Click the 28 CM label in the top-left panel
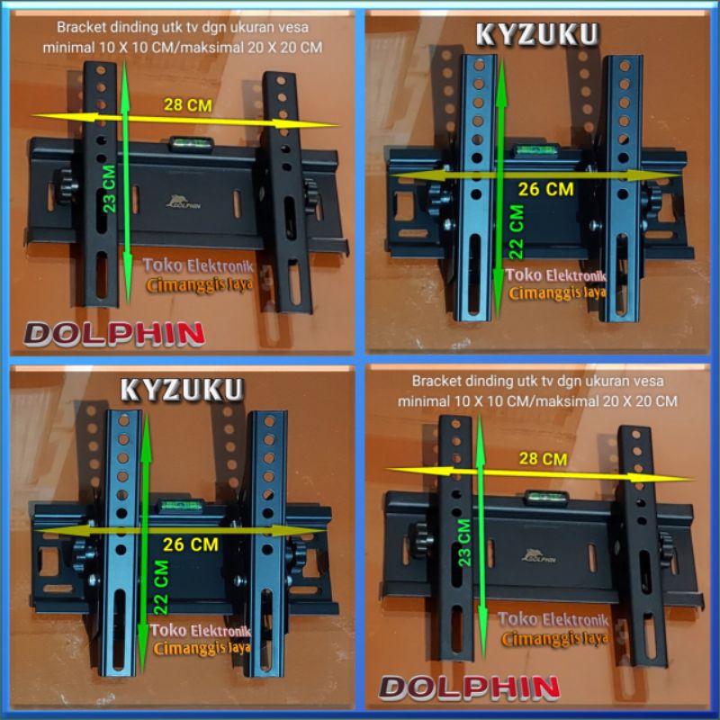pos(187,105)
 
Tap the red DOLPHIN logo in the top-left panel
pos(114,334)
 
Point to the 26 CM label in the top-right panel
pos(545,190)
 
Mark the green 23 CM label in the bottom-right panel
pos(464,542)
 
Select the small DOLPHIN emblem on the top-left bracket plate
pos(184,202)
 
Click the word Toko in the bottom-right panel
pos(517,619)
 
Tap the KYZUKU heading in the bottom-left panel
pos(182,390)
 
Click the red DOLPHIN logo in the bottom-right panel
pos(469,688)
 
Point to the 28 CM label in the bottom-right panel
pos(543,459)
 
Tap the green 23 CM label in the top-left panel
pos(110,187)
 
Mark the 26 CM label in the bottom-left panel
pos(193,544)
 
